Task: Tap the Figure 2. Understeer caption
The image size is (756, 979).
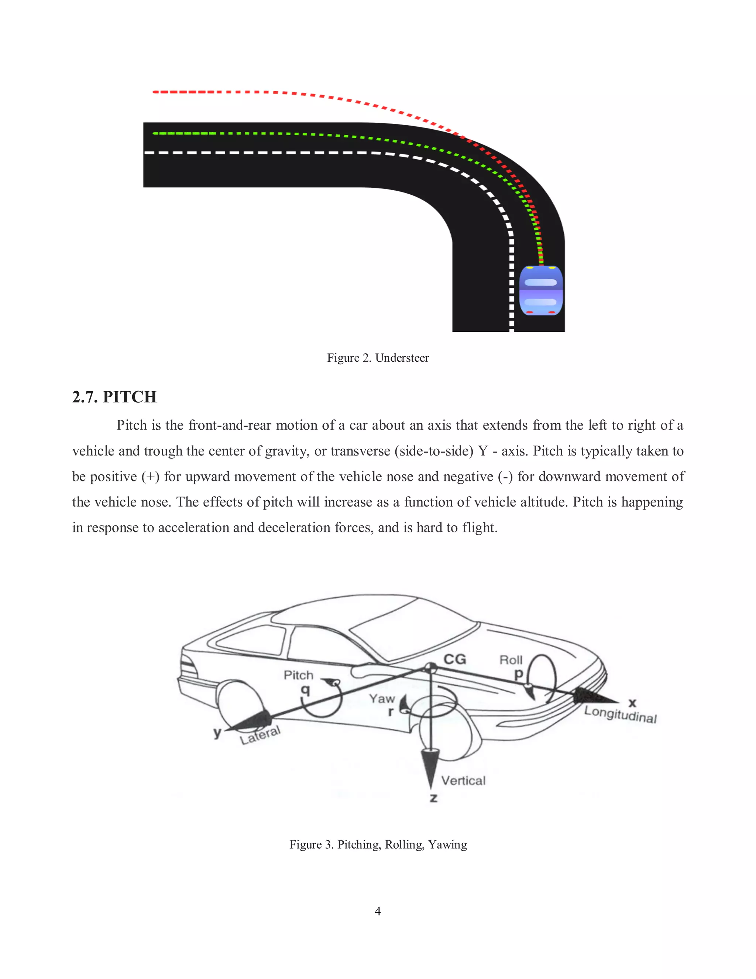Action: coord(378,358)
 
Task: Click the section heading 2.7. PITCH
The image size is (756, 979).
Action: coord(115,397)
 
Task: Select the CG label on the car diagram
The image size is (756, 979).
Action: coord(454,659)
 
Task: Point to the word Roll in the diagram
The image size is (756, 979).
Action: coord(511,660)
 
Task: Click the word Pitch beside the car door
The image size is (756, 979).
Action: coord(298,675)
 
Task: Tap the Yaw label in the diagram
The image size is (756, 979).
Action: coord(382,698)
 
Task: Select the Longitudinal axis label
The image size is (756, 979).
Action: coord(620,714)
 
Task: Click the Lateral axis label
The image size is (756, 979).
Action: coord(260,735)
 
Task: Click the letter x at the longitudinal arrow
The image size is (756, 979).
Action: coord(632,702)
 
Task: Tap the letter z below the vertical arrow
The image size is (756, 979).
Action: coord(433,798)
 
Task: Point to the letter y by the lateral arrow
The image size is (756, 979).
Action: coord(217,733)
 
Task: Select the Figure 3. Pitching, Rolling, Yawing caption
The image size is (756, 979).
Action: coord(378,845)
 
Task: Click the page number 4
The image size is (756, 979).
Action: coord(378,911)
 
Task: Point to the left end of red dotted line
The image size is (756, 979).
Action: coord(155,92)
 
